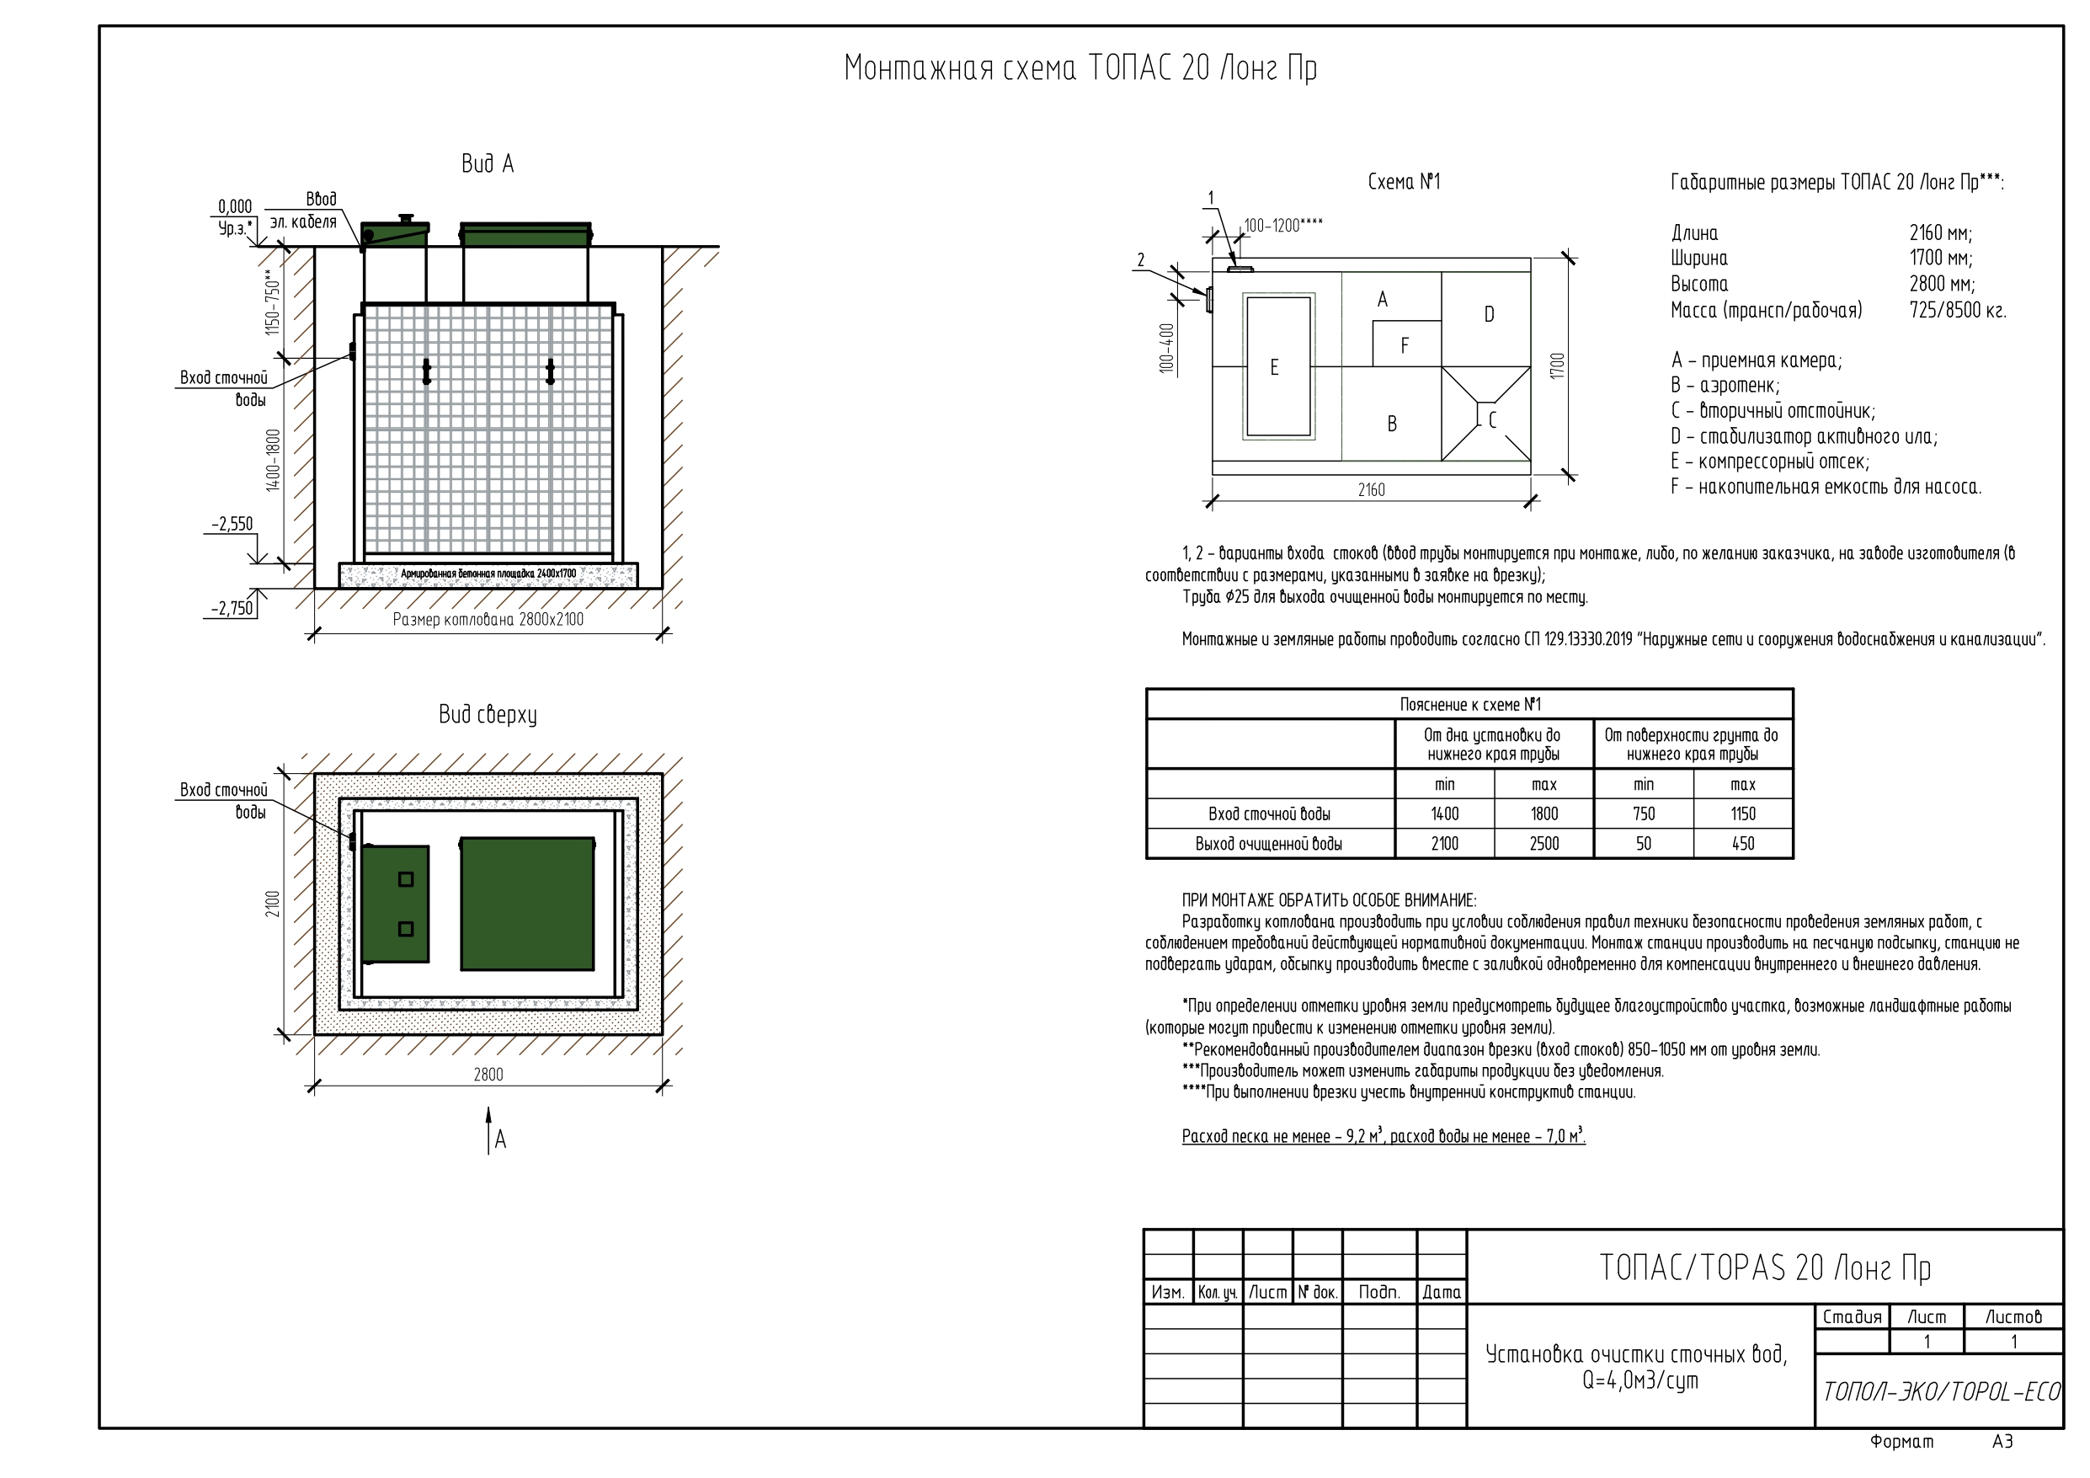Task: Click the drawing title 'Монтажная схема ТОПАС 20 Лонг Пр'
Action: click(1080, 69)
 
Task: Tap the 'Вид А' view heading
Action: click(487, 164)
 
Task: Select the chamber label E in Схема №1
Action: click(1273, 367)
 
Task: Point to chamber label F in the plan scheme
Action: click(1405, 346)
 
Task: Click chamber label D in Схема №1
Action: click(1490, 314)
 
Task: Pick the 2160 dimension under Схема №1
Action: click(1371, 490)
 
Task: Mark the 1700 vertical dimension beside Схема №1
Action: click(1558, 366)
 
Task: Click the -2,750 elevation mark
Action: click(232, 608)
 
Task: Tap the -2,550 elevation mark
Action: click(232, 524)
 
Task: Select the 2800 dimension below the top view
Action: click(488, 1075)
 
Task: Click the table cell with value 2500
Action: click(1544, 843)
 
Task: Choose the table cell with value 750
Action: click(1643, 814)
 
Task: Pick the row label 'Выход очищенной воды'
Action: click(1269, 844)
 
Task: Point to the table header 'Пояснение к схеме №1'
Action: click(1469, 705)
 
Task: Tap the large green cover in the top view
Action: click(527, 904)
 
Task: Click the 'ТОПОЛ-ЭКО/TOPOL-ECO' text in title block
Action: click(1940, 1391)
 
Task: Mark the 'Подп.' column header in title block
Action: click(1379, 1292)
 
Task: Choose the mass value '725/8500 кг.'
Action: click(1957, 311)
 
